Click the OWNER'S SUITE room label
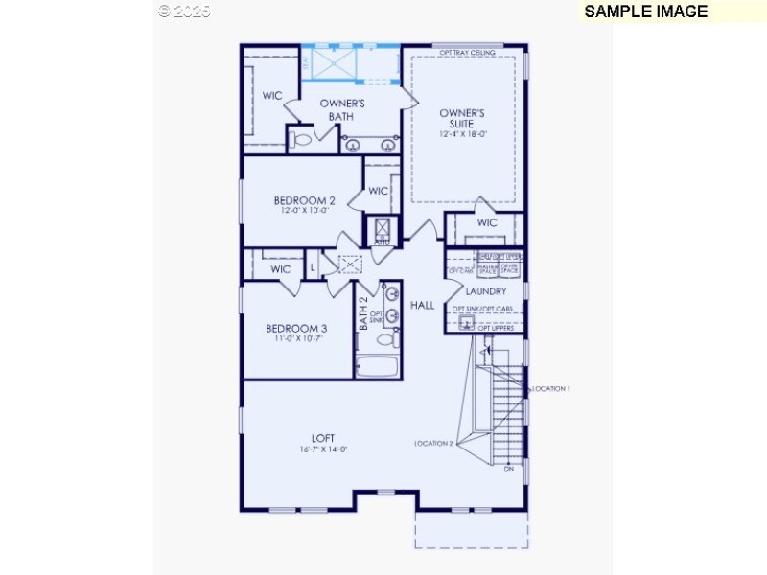[462, 118]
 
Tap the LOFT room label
[322, 438]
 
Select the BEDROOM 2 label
[304, 200]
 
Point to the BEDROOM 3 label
[296, 329]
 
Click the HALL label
[423, 305]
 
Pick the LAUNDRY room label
[485, 290]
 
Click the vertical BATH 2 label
[363, 313]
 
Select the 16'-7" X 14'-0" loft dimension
[322, 449]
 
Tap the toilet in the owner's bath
[301, 140]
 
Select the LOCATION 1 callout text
[549, 388]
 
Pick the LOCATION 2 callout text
[433, 443]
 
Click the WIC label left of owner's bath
[272, 95]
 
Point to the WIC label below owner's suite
[487, 222]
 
